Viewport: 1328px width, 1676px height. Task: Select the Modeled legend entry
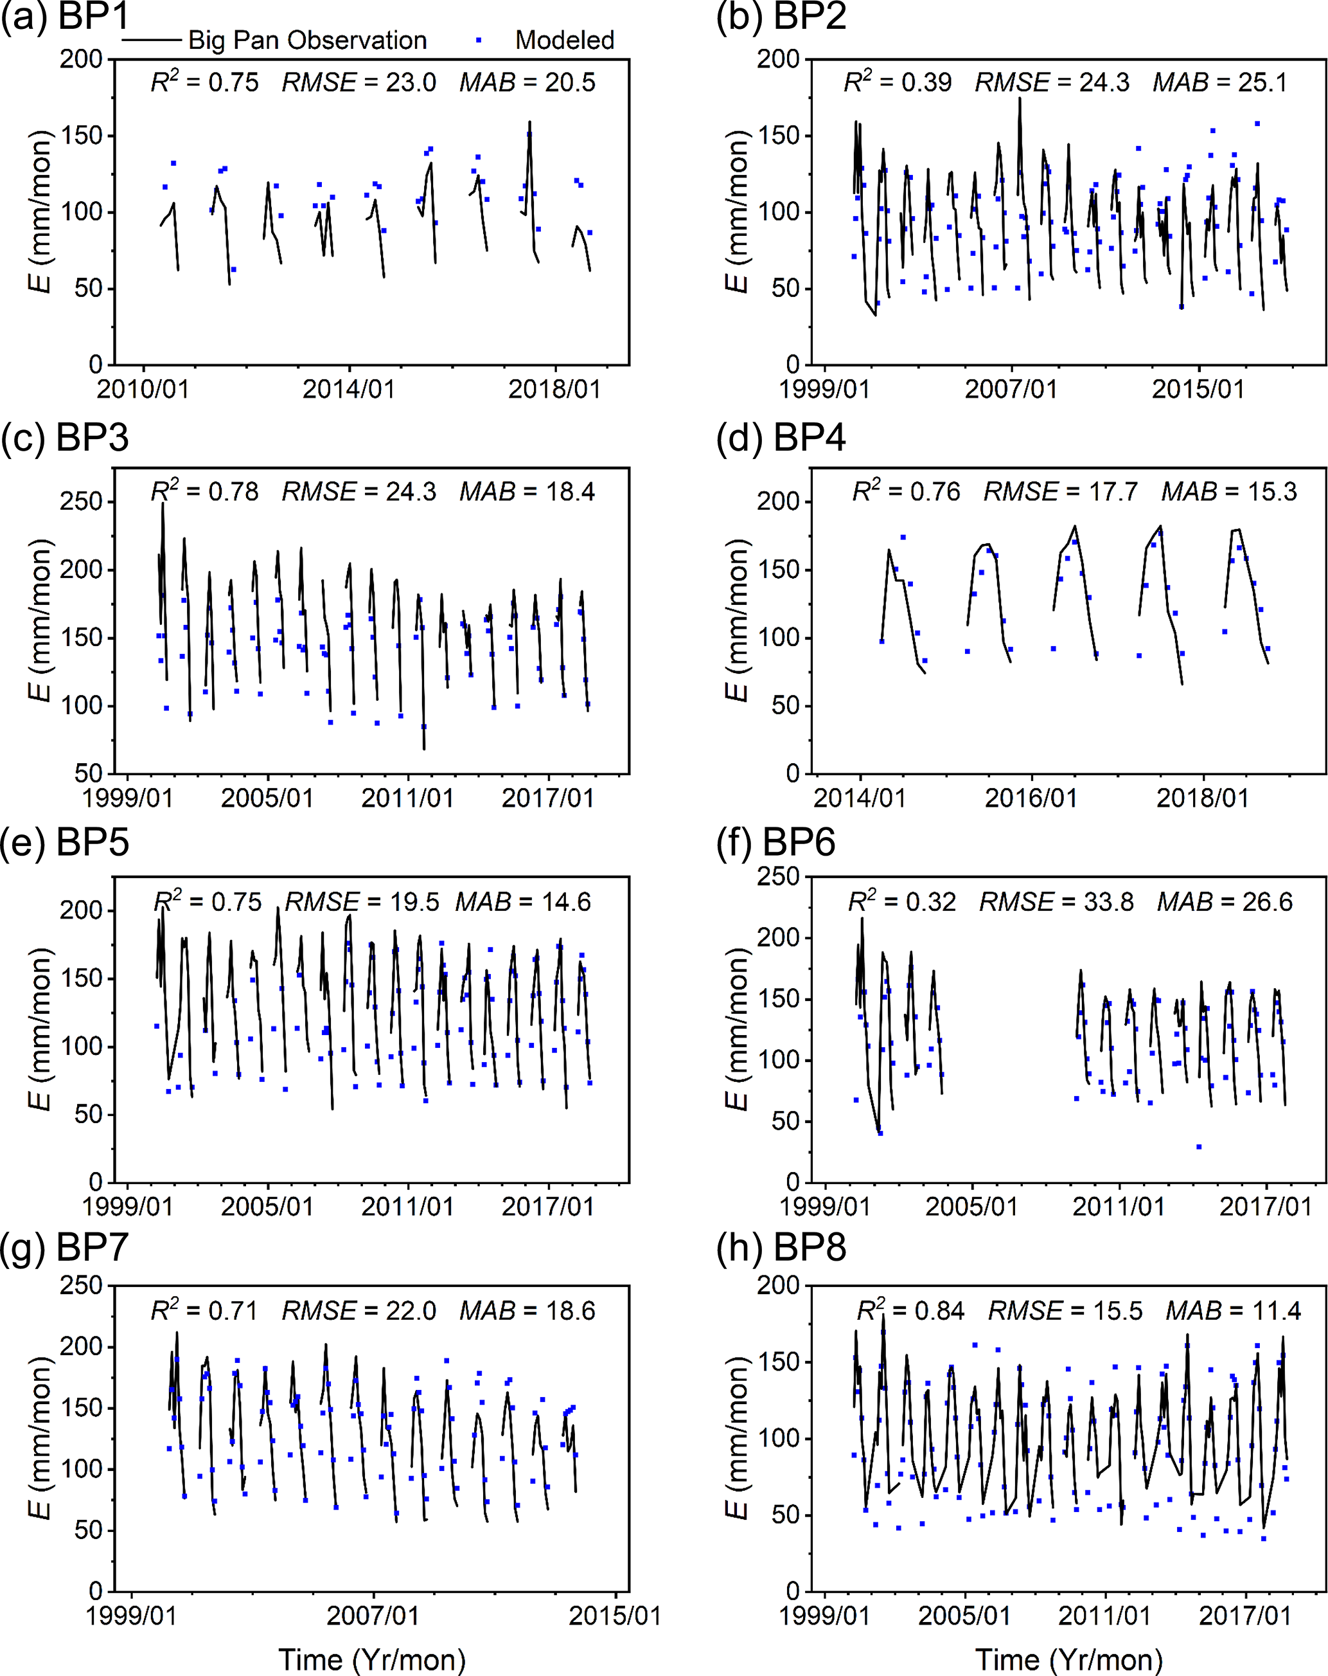click(x=564, y=41)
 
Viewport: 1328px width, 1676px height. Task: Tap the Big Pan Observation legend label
click(x=307, y=41)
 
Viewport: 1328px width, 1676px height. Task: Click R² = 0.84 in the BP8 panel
click(x=910, y=1311)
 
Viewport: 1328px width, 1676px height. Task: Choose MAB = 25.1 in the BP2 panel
click(x=1220, y=82)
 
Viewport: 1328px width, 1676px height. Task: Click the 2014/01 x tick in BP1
click(x=349, y=389)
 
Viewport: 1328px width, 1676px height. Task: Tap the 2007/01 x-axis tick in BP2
click(x=1011, y=389)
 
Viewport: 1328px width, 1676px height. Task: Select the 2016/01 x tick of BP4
click(x=1031, y=798)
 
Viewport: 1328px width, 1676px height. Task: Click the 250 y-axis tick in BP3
click(x=81, y=501)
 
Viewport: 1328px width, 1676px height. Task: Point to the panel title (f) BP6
click(x=775, y=843)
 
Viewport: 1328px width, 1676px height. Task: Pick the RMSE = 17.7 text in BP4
click(x=1061, y=492)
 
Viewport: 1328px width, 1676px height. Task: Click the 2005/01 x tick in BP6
click(x=971, y=1207)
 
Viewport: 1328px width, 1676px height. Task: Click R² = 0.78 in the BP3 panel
click(x=204, y=492)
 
